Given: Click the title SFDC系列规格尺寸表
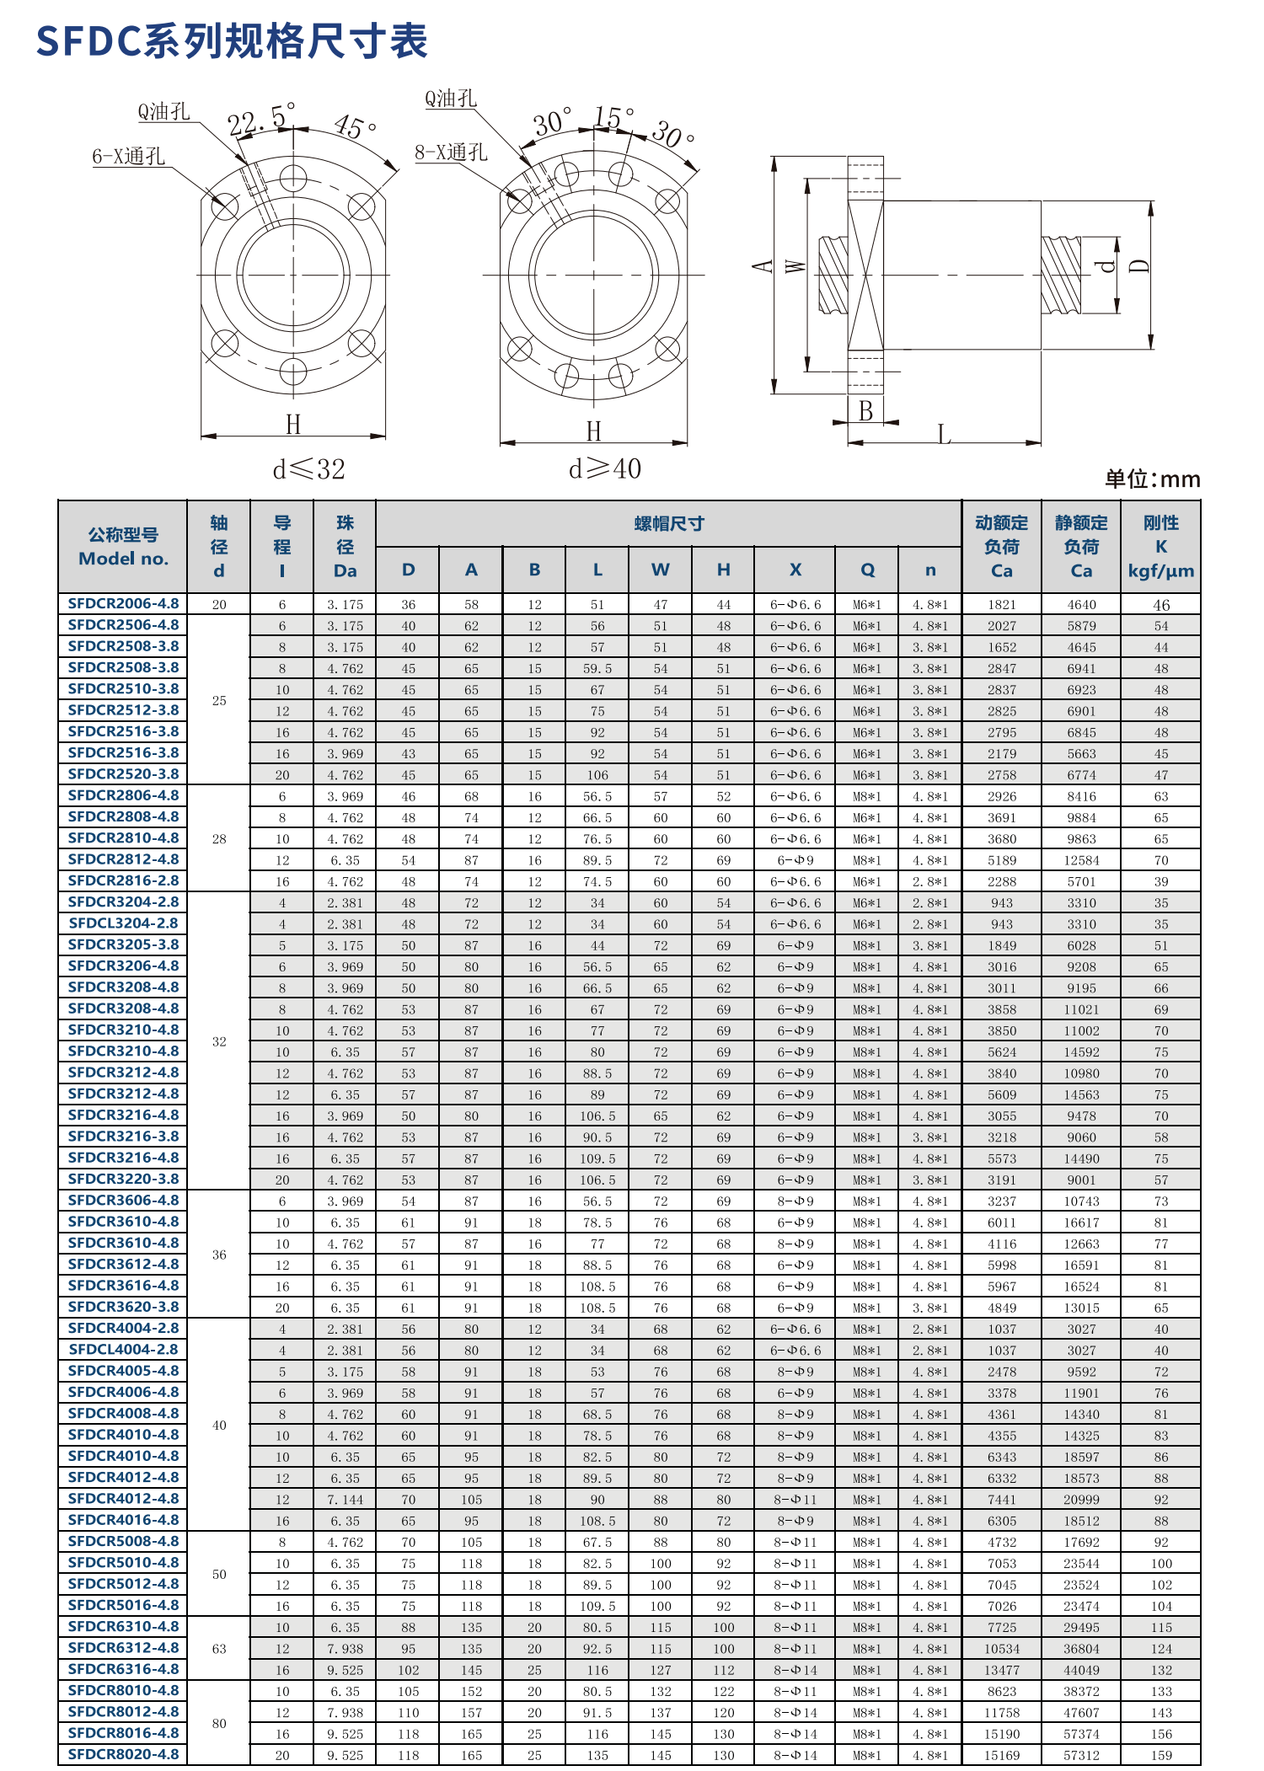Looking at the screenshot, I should [x=232, y=40].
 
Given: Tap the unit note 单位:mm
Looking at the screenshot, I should [x=1152, y=479].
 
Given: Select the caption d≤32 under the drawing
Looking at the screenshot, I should [x=308, y=469].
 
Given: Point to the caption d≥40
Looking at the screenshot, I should [x=604, y=468].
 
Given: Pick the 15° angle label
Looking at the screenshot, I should [x=613, y=116].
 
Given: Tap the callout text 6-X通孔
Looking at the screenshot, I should [x=128, y=156].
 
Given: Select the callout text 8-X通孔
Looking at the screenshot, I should [x=451, y=152].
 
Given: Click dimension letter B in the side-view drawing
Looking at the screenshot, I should [x=865, y=410].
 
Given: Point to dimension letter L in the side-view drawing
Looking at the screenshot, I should [x=944, y=435].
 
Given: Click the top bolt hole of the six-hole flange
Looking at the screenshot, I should [x=293, y=178].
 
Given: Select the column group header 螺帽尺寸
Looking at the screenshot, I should [x=668, y=523].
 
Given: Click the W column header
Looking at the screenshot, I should [x=660, y=570].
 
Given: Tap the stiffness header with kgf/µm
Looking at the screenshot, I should [x=1160, y=547].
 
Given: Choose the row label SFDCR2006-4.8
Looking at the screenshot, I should [x=123, y=603].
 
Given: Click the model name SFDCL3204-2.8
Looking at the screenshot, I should [x=123, y=923].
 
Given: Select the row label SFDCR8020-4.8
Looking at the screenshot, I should [x=123, y=1754].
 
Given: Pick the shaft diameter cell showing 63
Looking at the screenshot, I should [x=219, y=1648].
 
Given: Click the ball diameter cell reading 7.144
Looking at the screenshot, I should [x=345, y=1500].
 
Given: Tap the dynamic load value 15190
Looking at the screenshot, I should [x=1001, y=1734].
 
